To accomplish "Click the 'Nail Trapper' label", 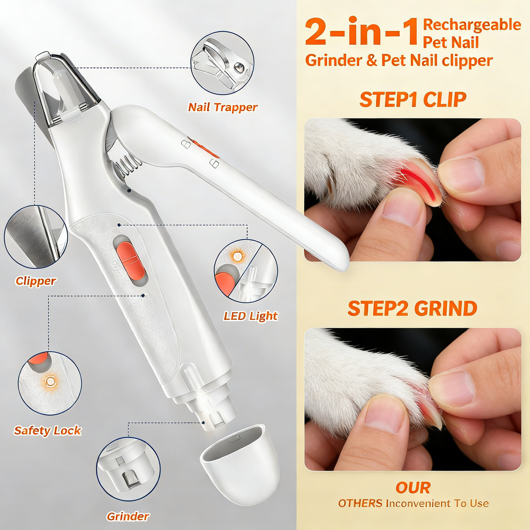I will coord(223,108).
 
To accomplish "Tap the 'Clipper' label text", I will coord(36,281).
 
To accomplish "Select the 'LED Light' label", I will coord(251,316).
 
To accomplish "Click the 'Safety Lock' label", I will coord(48,430).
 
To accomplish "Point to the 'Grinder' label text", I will coord(128,516).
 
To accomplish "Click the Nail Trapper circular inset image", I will coord(222,63).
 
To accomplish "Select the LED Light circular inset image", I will coord(246,271).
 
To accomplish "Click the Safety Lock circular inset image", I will coord(50,382).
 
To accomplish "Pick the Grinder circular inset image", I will coord(128,469).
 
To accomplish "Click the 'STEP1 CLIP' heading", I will coord(413,99).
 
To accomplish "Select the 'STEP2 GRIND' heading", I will coord(413,308).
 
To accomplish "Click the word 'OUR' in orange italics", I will coord(413,488).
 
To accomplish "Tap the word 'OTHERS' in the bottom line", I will coord(360,504).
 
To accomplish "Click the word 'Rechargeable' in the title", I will coord(472,24).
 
